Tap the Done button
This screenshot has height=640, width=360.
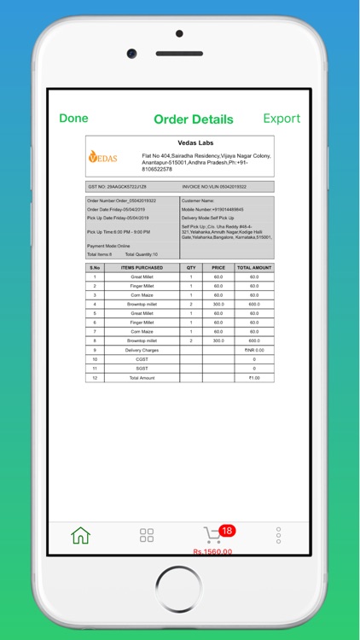pyautogui.click(x=73, y=119)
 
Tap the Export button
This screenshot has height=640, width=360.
pyautogui.click(x=282, y=119)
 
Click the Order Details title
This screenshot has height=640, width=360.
pyautogui.click(x=193, y=119)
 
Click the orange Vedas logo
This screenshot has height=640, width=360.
pyautogui.click(x=103, y=157)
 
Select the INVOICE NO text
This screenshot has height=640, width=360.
pyautogui.click(x=214, y=186)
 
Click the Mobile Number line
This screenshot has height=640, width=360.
pyautogui.click(x=212, y=209)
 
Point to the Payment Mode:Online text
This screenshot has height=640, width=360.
pyautogui.click(x=108, y=246)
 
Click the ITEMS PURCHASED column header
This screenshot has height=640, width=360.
pyautogui.click(x=142, y=268)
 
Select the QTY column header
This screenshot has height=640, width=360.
pyautogui.click(x=191, y=268)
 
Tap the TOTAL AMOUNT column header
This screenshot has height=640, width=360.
pyautogui.click(x=254, y=268)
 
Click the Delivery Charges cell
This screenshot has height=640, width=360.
pyautogui.click(x=142, y=351)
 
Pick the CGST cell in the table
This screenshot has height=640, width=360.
pyautogui.click(x=142, y=359)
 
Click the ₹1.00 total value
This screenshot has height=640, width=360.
pyautogui.click(x=254, y=377)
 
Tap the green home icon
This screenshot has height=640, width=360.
pyautogui.click(x=80, y=536)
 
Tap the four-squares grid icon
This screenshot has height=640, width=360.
pyautogui.click(x=147, y=535)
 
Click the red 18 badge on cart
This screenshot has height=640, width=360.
pyautogui.click(x=227, y=530)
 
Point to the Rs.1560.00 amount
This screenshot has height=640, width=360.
pyautogui.click(x=212, y=551)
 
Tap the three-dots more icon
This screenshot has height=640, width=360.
pyautogui.click(x=278, y=535)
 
